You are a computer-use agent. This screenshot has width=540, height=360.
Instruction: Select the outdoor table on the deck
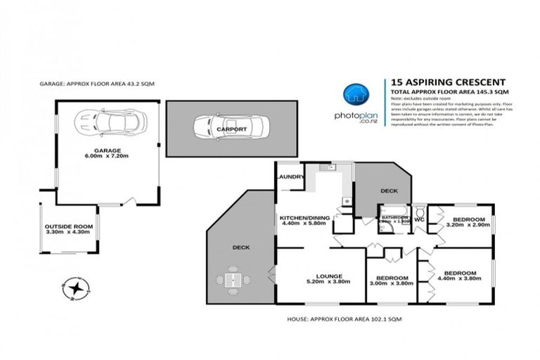[233, 281]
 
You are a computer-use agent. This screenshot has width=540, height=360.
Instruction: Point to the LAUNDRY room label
[290, 178]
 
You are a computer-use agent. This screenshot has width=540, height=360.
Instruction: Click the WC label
[418, 219]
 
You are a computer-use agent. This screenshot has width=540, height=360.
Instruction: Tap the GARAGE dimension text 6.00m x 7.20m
[108, 157]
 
